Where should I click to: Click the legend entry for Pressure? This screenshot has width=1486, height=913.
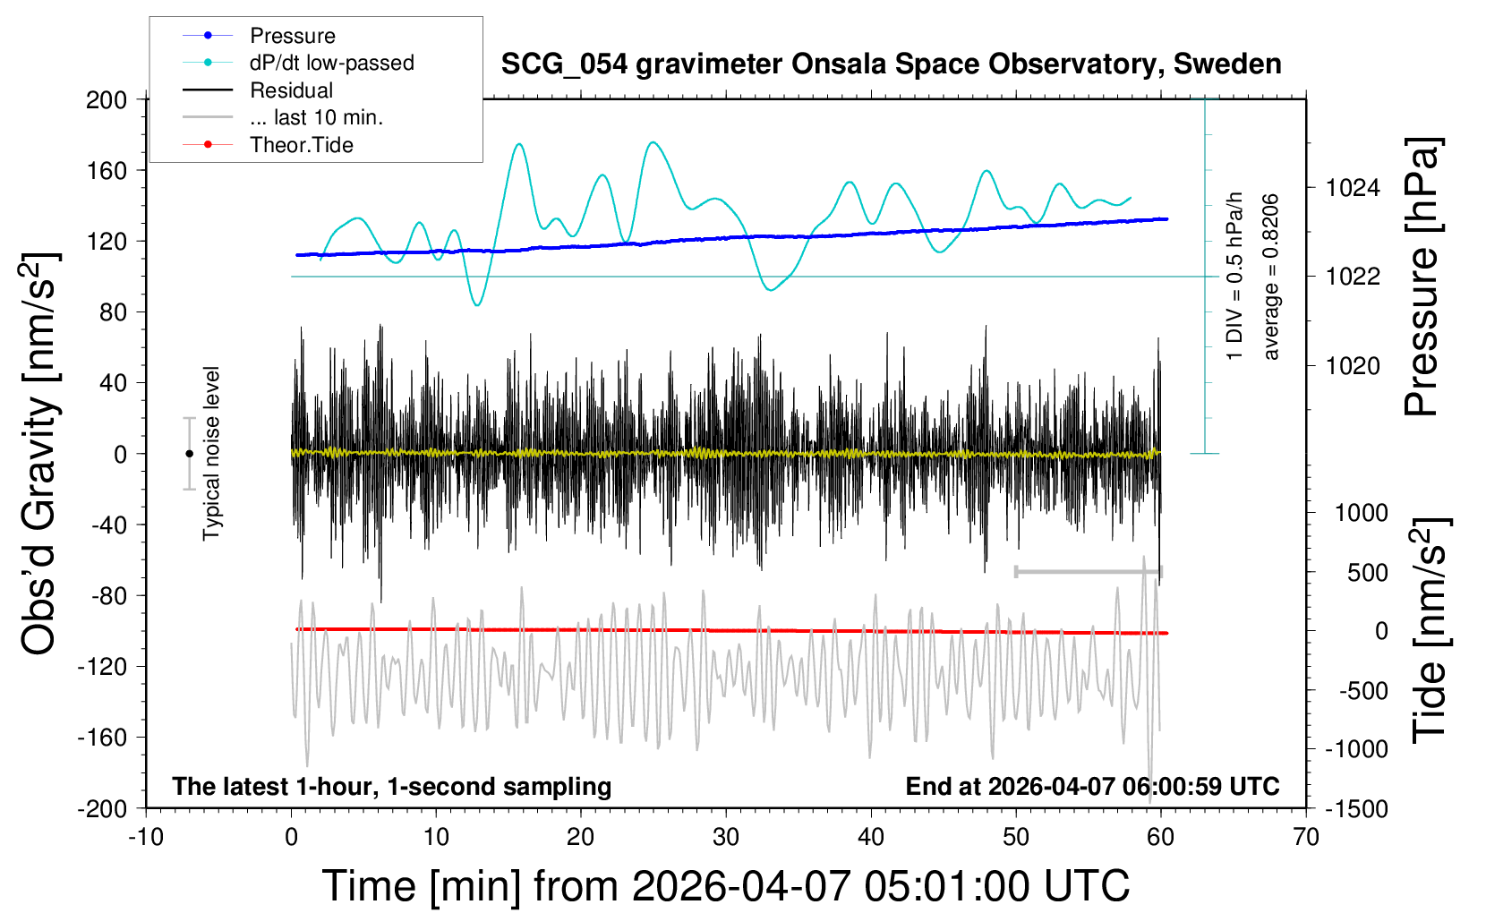pyautogui.click(x=292, y=36)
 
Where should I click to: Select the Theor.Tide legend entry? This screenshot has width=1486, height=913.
pyautogui.click(x=301, y=145)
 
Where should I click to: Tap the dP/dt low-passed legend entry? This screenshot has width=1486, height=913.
pyautogui.click(x=331, y=63)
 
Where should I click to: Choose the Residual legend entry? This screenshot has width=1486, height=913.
pyautogui.click(x=291, y=90)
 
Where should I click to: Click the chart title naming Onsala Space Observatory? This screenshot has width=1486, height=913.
pyautogui.click(x=891, y=64)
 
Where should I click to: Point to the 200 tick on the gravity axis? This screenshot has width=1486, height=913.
pyautogui.click(x=107, y=99)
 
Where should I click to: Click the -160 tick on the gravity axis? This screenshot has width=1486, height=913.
pyautogui.click(x=102, y=738)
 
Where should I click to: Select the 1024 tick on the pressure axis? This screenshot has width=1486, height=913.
pyautogui.click(x=1353, y=188)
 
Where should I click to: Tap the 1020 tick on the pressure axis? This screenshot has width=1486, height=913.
pyautogui.click(x=1353, y=365)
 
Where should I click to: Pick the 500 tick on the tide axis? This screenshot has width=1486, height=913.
pyautogui.click(x=1368, y=573)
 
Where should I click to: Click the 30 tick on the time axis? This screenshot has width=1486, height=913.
pyautogui.click(x=726, y=838)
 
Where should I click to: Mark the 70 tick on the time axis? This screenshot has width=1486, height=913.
pyautogui.click(x=1306, y=838)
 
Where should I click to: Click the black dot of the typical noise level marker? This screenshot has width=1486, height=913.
pyautogui.click(x=189, y=454)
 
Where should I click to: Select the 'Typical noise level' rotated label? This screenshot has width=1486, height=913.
pyautogui.click(x=211, y=454)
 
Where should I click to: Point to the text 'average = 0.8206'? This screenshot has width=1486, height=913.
pyautogui.click(x=1271, y=277)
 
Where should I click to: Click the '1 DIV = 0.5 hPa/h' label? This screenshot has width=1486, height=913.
pyautogui.click(x=1235, y=276)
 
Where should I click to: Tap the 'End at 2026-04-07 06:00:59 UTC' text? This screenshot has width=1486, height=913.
pyautogui.click(x=1092, y=787)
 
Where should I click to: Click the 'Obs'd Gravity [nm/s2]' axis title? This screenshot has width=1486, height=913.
pyautogui.click(x=40, y=454)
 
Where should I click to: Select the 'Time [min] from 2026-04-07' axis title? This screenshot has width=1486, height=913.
pyautogui.click(x=726, y=886)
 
